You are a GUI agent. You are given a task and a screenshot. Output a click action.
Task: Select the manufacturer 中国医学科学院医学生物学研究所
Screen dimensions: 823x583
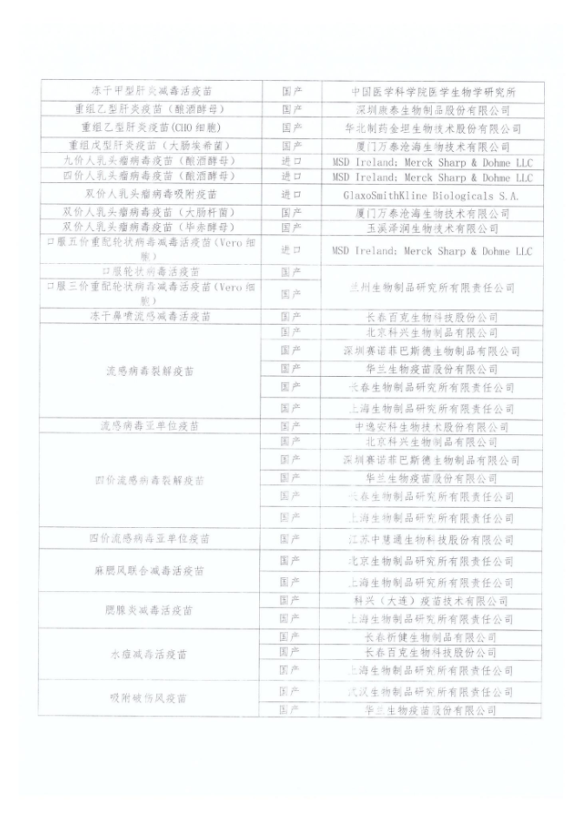tap(433, 91)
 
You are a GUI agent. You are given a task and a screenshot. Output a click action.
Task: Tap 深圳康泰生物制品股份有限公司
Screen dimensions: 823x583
tap(433, 109)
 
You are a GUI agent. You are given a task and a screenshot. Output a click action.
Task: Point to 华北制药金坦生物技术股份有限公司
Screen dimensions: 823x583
tap(433, 128)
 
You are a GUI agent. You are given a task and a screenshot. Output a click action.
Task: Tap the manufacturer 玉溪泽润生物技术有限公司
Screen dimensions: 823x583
tap(433, 228)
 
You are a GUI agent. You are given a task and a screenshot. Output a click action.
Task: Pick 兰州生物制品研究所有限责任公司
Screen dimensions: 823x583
tap(433, 287)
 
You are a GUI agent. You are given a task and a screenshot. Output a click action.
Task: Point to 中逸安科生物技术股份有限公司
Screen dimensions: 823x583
tap(433, 427)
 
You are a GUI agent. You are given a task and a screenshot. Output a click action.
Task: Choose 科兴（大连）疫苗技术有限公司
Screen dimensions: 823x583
tap(433, 601)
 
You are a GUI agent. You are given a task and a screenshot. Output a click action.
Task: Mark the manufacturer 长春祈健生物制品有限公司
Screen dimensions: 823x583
tap(433, 636)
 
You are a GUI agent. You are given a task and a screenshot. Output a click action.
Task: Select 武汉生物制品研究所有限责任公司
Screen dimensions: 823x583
tap(433, 692)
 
